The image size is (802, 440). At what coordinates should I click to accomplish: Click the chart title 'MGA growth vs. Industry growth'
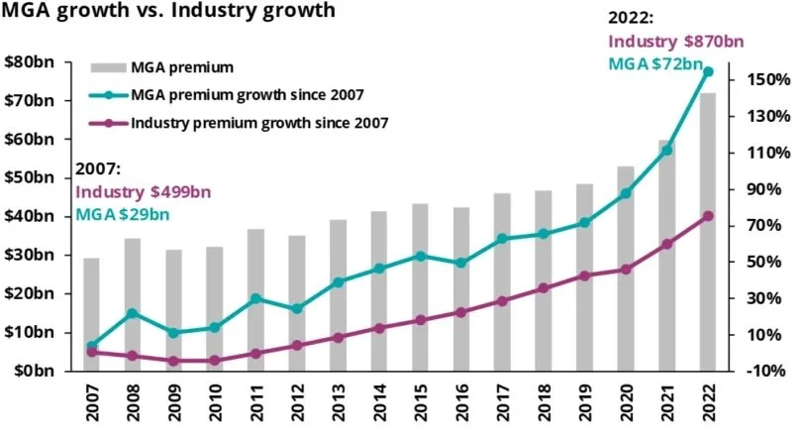coord(167,14)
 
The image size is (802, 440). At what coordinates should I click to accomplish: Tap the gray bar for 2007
coord(91,313)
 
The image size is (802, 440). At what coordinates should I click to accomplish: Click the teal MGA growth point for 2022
coord(708,71)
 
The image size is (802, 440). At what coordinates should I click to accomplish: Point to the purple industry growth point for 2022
coord(708,216)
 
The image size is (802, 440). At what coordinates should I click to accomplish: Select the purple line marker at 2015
coord(421,320)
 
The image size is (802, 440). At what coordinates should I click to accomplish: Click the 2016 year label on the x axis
coord(462,404)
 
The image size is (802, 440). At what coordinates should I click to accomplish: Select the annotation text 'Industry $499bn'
coord(143,192)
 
